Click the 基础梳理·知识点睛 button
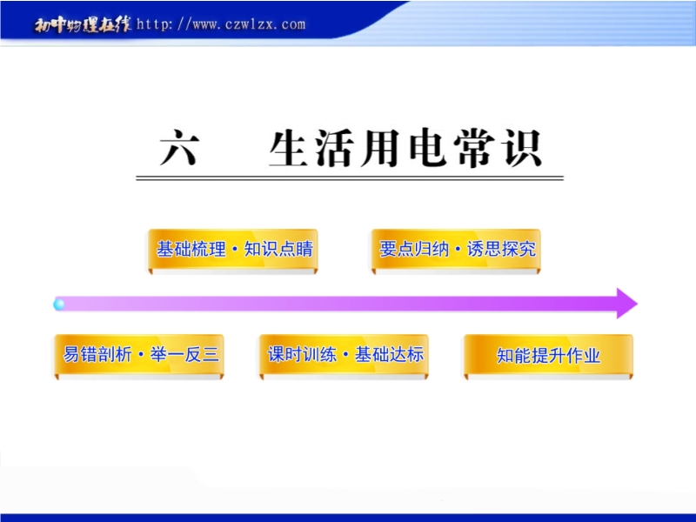[x=233, y=250]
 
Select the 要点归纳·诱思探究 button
[x=456, y=250]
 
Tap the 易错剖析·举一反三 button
[x=139, y=356]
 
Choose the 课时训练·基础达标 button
[x=344, y=356]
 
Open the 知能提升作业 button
[x=549, y=356]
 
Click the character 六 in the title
[x=179, y=148]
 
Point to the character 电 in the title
[x=428, y=148]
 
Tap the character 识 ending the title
[x=523, y=148]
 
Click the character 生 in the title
[x=289, y=148]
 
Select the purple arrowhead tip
[x=638, y=304]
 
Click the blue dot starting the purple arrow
[x=58, y=304]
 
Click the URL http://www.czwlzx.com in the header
[x=221, y=24]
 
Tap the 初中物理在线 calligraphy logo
[x=83, y=25]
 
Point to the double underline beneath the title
[x=350, y=178]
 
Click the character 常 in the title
[x=474, y=148]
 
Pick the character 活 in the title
[x=335, y=148]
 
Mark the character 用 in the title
[x=381, y=148]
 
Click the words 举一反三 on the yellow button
[x=184, y=355]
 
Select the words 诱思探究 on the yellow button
[x=502, y=249]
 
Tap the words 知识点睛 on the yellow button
[x=278, y=249]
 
